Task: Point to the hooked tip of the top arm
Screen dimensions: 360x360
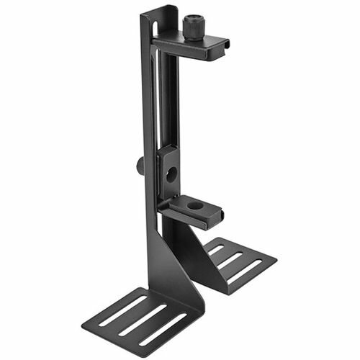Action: pyautogui.click(x=225, y=46)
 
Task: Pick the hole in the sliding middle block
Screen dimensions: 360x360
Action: pyautogui.click(x=171, y=172)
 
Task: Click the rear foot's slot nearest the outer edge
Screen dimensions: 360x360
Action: pyautogui.click(x=246, y=269)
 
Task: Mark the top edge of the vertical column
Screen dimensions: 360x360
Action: pyautogui.click(x=159, y=9)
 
